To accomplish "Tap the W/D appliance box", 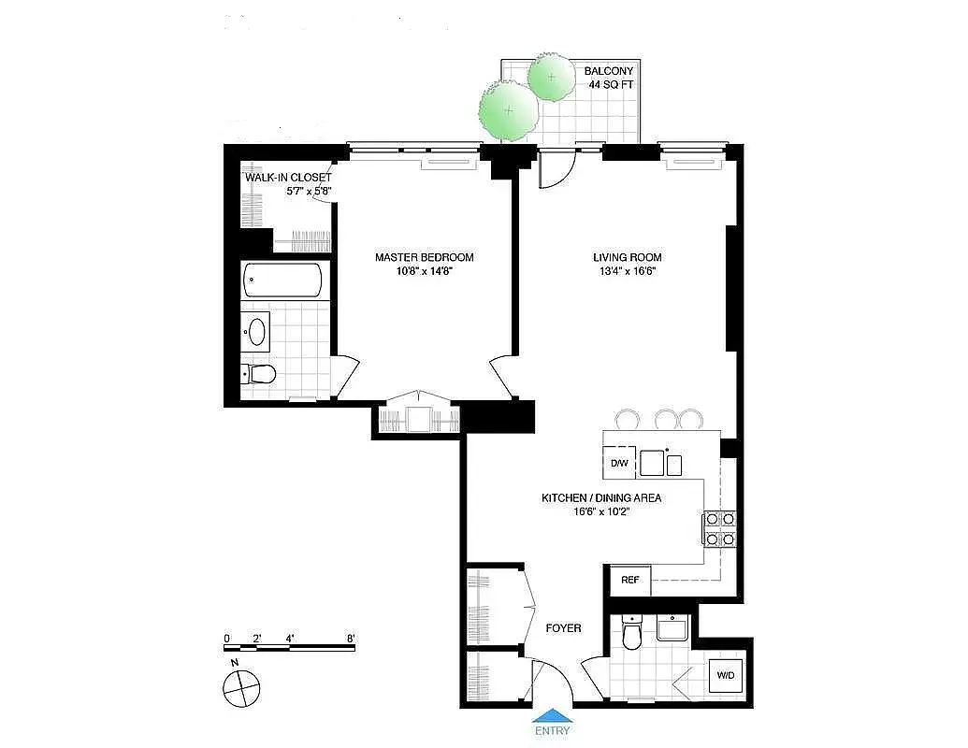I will (726, 675).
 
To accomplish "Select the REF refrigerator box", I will (630, 580).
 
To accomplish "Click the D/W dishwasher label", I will (619, 463).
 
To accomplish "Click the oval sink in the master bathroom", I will (256, 331).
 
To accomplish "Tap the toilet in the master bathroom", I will (260, 374).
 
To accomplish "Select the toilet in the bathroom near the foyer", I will (632, 636).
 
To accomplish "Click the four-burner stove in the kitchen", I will (719, 527).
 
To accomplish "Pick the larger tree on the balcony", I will (509, 109).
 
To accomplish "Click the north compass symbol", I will (239, 689).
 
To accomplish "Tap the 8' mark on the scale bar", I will (351, 639).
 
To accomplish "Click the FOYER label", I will (563, 628).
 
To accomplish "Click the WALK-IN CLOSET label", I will (288, 178).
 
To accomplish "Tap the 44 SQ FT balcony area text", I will (611, 84).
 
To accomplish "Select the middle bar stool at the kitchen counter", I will (666, 419).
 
